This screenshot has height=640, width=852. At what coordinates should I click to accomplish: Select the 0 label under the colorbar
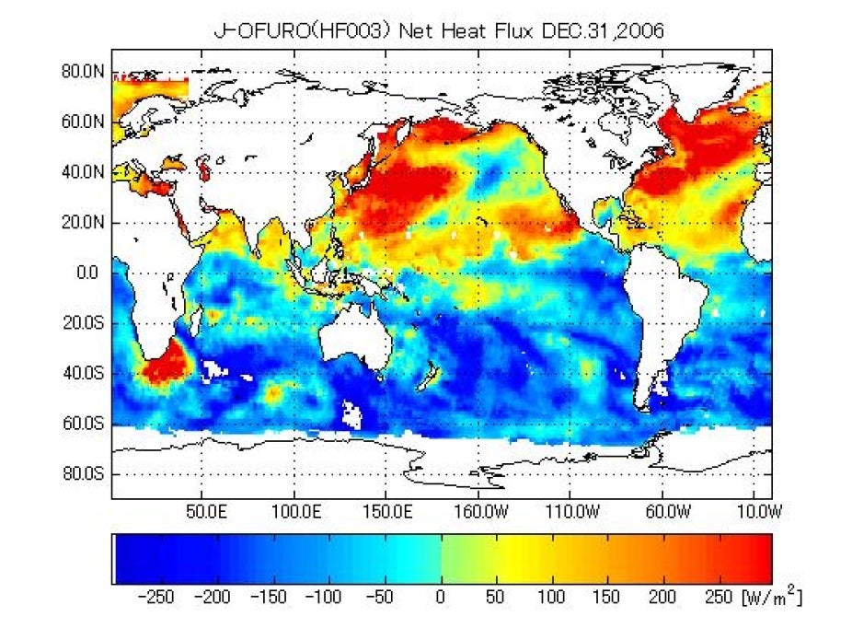coord(441,599)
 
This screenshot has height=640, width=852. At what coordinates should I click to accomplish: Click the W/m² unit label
coord(771,597)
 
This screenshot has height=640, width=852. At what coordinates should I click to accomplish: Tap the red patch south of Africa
coord(163,367)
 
